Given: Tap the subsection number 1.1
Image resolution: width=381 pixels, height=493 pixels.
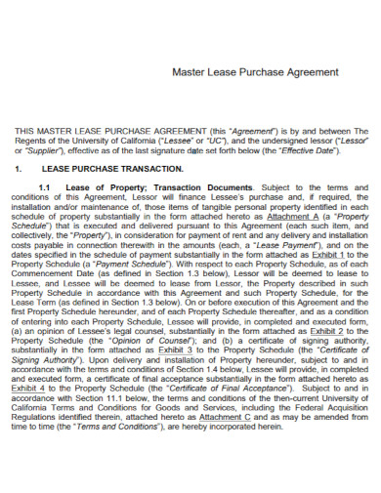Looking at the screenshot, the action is coord(45,187).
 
